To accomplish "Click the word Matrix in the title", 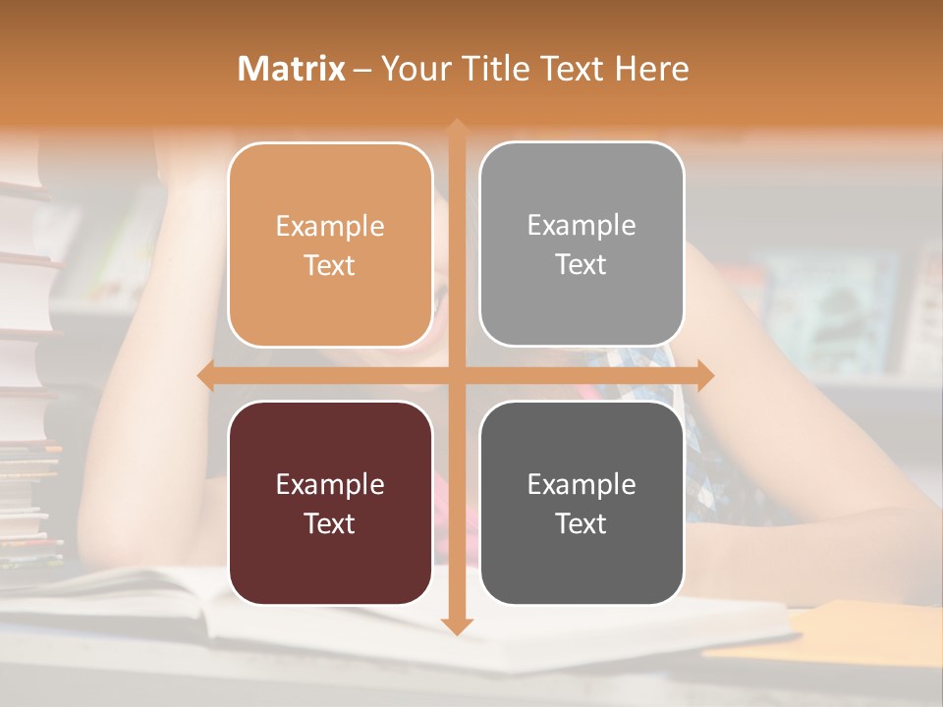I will [x=292, y=69].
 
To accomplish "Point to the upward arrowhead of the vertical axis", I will [x=456, y=128].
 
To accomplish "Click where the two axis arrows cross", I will [x=456, y=375].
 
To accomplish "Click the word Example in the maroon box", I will [x=330, y=484].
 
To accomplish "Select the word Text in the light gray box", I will [x=582, y=265].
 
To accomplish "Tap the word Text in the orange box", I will [x=330, y=266].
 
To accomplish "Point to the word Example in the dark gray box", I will [x=582, y=484].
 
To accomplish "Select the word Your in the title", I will [x=406, y=69].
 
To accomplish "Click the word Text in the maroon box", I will [x=330, y=523].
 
